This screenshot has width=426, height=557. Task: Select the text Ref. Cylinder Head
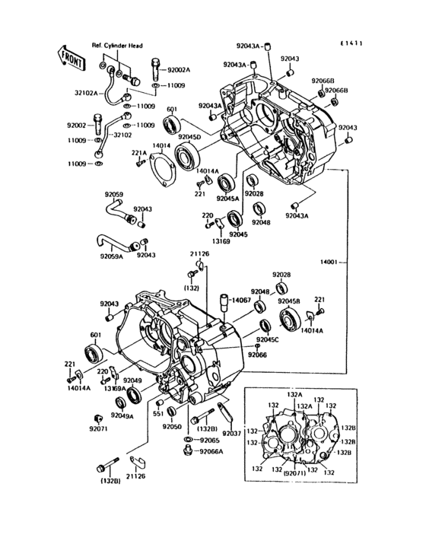pyautogui.click(x=118, y=46)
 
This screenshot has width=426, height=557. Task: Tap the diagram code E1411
pyautogui.click(x=351, y=43)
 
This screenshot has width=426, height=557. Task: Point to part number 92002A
pyautogui.click(x=180, y=69)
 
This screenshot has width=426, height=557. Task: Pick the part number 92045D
pyautogui.click(x=189, y=137)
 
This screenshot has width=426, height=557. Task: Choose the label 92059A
pyautogui.click(x=111, y=256)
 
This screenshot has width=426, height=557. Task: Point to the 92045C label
pyautogui.click(x=267, y=339)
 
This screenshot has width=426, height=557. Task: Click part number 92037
pyautogui.click(x=231, y=434)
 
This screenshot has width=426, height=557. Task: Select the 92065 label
pyautogui.click(x=209, y=440)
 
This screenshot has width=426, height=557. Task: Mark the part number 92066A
pyautogui.click(x=211, y=451)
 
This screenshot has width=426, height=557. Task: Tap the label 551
pyautogui.click(x=159, y=415)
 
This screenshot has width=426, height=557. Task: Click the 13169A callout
pyautogui.click(x=114, y=388)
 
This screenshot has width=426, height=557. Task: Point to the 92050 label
pyautogui.click(x=172, y=427)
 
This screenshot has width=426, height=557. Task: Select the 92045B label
pyautogui.click(x=290, y=302)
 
